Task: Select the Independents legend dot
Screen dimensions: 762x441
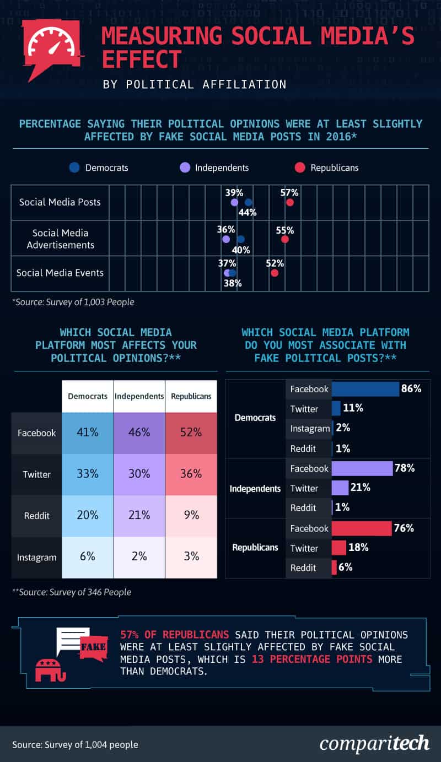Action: click(185, 167)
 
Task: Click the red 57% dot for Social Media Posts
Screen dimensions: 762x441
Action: click(289, 203)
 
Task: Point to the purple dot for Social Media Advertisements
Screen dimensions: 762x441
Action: click(225, 239)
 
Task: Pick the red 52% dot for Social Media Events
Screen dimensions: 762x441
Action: click(275, 273)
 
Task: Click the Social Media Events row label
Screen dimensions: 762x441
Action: click(60, 273)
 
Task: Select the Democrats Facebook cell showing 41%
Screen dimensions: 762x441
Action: click(88, 433)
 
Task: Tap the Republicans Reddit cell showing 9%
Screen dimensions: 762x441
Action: click(191, 515)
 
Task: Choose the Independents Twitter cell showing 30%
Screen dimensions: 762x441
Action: click(139, 474)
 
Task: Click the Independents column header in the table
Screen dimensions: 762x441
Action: click(139, 396)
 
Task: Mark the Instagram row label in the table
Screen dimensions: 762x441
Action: click(37, 557)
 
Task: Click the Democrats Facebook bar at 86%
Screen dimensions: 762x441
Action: click(365, 389)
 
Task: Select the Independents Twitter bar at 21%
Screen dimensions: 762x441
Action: click(340, 488)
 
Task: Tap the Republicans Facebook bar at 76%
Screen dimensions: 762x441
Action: click(362, 528)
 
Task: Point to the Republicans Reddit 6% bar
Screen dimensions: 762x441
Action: click(334, 568)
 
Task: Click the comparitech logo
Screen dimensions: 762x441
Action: click(374, 743)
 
